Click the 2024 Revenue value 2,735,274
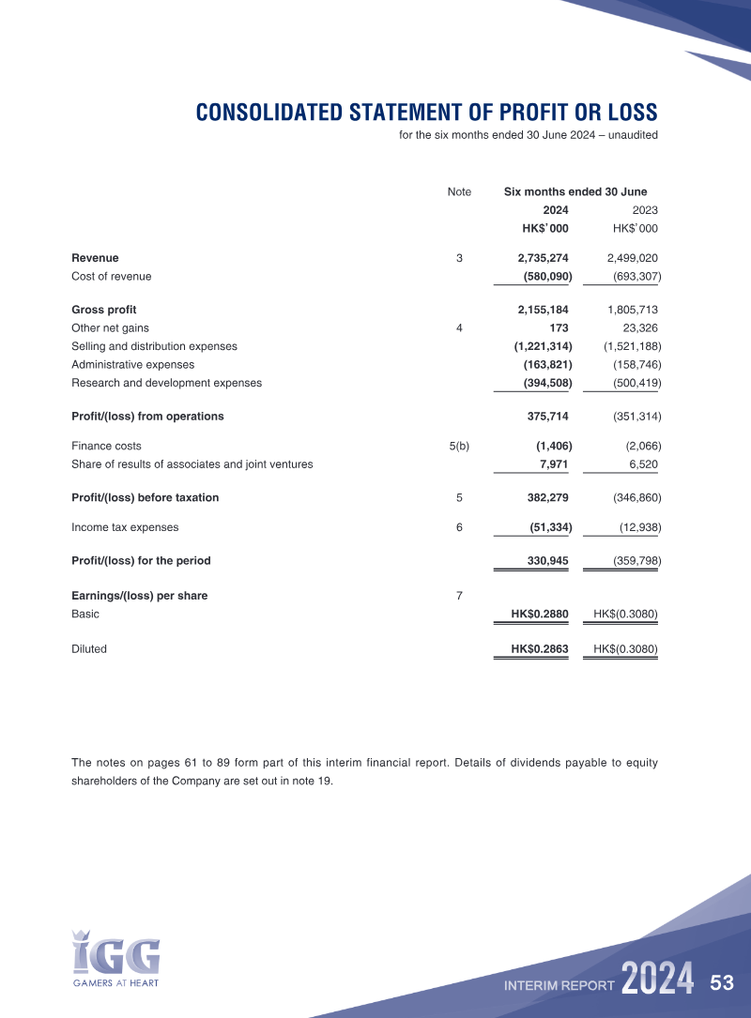[x=543, y=258]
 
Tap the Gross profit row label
[x=104, y=310]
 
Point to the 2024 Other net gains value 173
[x=559, y=328]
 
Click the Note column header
[x=459, y=192]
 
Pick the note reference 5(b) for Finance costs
[x=459, y=447]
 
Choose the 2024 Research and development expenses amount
[x=547, y=383]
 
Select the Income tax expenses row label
[x=125, y=528]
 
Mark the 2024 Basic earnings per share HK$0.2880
[x=539, y=615]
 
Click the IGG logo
[x=116, y=957]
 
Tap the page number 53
[x=722, y=983]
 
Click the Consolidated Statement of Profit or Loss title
[x=426, y=113]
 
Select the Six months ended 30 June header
[x=575, y=192]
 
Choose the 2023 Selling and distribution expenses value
[x=632, y=346]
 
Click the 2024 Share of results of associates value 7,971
[x=554, y=464]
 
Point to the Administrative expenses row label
[x=132, y=365]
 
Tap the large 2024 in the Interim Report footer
[x=657, y=980]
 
